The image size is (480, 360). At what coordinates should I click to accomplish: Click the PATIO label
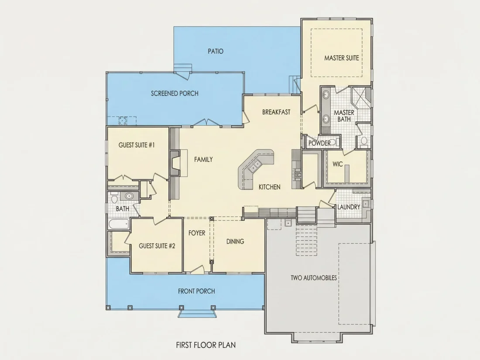point(216,51)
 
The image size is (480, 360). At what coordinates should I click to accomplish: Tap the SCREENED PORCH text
point(175,93)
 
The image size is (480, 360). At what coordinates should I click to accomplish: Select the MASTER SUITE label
point(342,58)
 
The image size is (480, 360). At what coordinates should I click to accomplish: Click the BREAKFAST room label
point(276,112)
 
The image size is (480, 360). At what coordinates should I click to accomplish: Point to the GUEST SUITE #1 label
point(137,145)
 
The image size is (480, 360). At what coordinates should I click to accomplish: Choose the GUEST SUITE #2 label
point(157,246)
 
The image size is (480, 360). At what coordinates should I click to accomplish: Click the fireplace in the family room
point(175,163)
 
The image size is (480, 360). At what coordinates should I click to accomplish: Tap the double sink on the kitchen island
point(255,166)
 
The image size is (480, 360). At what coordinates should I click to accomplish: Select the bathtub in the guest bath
point(118,224)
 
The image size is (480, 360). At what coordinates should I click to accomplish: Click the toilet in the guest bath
point(114,198)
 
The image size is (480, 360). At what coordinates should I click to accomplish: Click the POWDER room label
point(319,143)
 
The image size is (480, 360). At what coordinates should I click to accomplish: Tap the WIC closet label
point(338,164)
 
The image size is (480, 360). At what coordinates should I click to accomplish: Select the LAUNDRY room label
point(349,207)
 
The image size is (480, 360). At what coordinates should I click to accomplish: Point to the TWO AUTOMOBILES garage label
point(314,278)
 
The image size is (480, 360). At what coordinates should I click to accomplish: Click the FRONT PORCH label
point(196,291)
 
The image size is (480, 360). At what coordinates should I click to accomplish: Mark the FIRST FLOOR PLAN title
point(206,345)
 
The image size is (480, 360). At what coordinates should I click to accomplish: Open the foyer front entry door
point(197,269)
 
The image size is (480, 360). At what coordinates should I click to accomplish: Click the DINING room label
point(235,242)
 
